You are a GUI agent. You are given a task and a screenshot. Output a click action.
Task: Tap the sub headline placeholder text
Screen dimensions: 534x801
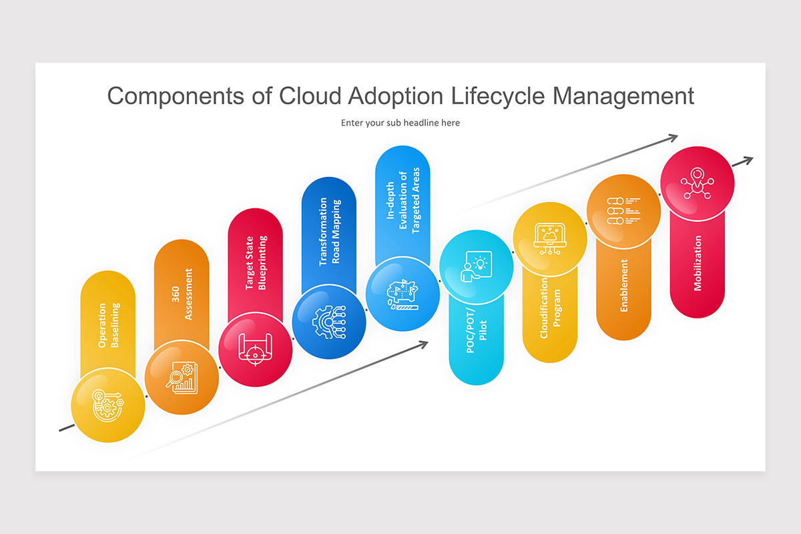click(400, 123)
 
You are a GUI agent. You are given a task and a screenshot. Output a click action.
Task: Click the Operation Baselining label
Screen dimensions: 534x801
click(108, 326)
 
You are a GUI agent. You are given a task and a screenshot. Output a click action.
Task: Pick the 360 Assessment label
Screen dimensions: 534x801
click(182, 294)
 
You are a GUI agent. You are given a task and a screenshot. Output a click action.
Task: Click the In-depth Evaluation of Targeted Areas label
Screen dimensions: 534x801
click(403, 201)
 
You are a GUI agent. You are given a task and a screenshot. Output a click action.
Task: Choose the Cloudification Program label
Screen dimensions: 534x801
click(550, 308)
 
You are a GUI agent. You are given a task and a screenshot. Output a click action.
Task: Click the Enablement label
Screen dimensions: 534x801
click(624, 285)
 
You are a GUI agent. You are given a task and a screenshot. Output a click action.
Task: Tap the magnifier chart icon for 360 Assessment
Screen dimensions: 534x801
click(182, 377)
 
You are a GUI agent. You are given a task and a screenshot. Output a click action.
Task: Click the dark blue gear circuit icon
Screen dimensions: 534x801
click(329, 321)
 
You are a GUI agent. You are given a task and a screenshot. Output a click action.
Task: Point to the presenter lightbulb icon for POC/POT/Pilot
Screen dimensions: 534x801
click(477, 266)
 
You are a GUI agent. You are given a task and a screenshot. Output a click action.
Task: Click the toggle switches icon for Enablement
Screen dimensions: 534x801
click(624, 211)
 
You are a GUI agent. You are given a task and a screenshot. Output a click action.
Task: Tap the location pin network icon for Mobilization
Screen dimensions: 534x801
click(698, 182)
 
